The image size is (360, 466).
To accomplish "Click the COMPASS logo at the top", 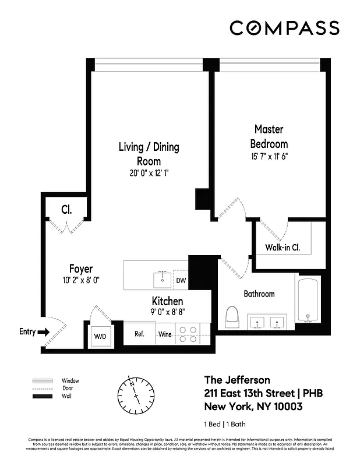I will pyautogui.click(x=284, y=28).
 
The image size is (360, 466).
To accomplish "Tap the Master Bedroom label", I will pyautogui.click(x=269, y=136).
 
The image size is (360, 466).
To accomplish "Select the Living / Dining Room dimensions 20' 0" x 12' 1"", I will pyautogui.click(x=149, y=173).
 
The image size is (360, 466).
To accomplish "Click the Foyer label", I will pyautogui.click(x=81, y=269).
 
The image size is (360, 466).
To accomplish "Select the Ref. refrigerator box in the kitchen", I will pyautogui.click(x=140, y=334).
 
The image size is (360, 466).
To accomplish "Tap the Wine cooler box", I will pyautogui.click(x=164, y=334).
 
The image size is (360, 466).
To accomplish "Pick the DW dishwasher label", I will pyautogui.click(x=181, y=281).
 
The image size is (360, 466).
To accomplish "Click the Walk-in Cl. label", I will pyautogui.click(x=283, y=248).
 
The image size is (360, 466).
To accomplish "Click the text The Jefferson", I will pyautogui.click(x=236, y=380).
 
